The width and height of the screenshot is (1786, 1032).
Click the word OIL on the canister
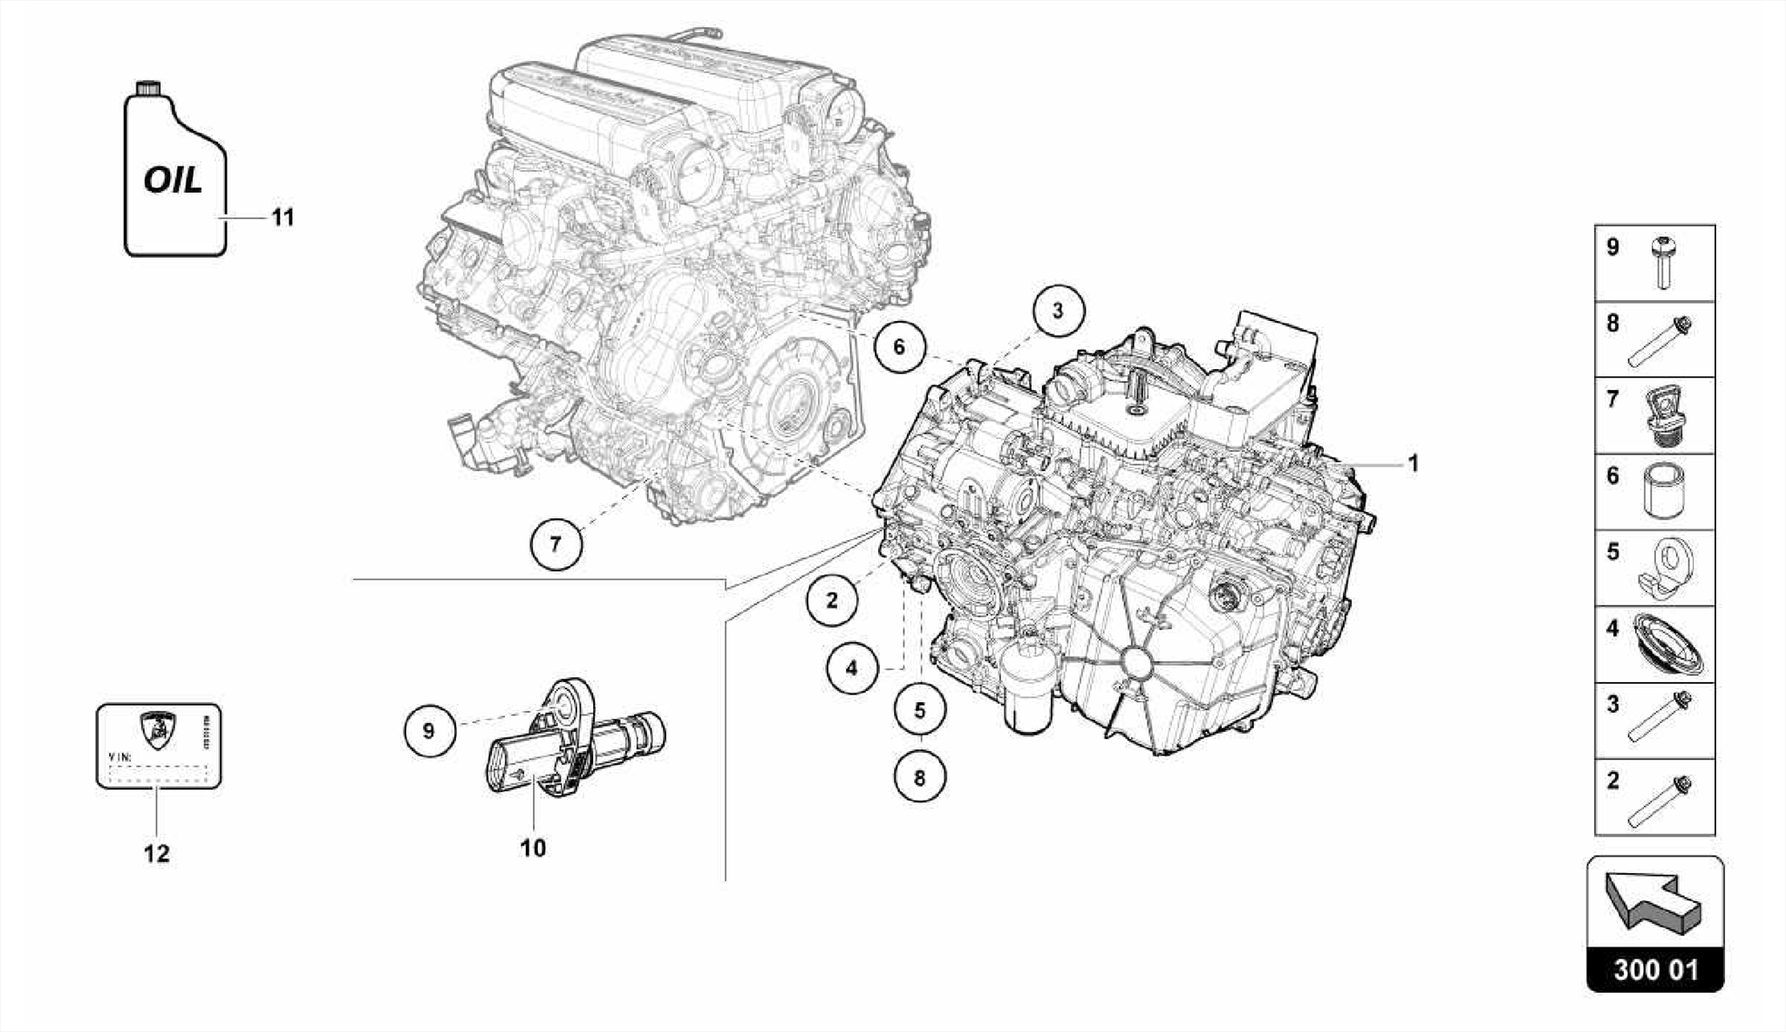pyautogui.click(x=173, y=181)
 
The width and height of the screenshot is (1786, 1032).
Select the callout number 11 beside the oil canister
pyautogui.click(x=283, y=216)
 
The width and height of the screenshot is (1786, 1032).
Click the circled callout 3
pyautogui.click(x=1058, y=311)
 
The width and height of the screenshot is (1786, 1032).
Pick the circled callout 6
pyautogui.click(x=899, y=347)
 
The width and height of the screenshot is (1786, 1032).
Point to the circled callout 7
pyautogui.click(x=556, y=544)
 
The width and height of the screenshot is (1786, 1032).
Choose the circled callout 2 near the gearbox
pyautogui.click(x=832, y=600)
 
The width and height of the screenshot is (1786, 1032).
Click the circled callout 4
pyautogui.click(x=851, y=669)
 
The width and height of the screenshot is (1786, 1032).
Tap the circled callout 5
pyautogui.click(x=919, y=710)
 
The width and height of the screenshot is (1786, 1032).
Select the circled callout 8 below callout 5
pyautogui.click(x=919, y=776)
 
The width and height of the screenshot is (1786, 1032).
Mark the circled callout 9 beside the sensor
pyautogui.click(x=428, y=729)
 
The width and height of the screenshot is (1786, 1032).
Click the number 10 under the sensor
pyautogui.click(x=533, y=847)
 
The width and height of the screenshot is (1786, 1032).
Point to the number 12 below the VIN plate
pyautogui.click(x=157, y=853)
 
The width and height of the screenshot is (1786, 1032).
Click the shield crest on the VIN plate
pyautogui.click(x=157, y=730)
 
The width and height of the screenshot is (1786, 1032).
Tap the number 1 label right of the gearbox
pyautogui.click(x=1413, y=464)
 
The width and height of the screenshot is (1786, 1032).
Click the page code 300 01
pyautogui.click(x=1655, y=970)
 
